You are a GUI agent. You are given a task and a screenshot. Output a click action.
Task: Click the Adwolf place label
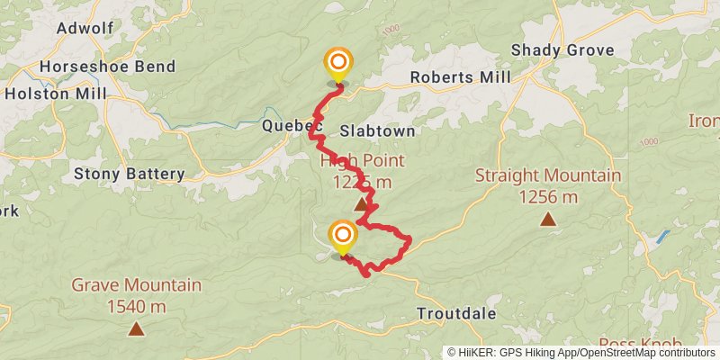coord(85,28)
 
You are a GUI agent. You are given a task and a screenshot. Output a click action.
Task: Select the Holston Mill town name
coord(56,93)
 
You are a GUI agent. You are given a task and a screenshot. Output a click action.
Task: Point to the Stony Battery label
coord(130,174)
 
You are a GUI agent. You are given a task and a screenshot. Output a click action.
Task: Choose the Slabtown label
coord(377,131)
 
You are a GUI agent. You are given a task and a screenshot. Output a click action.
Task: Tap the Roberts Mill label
coord(460,77)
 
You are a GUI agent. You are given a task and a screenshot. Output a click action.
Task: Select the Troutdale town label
coord(456,313)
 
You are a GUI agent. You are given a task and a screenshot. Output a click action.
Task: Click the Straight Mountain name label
coord(548,176)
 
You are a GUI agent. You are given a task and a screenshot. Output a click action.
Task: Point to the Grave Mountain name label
coord(136,286)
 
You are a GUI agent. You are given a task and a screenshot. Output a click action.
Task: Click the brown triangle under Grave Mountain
coord(136,328)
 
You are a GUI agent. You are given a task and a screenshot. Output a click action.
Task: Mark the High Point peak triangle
coord(361,204)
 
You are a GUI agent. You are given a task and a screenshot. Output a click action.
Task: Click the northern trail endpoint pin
coord(338,63)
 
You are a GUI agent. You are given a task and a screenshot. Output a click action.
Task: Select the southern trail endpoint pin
coord(342,238)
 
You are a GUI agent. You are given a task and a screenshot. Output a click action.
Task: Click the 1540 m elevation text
coord(136,307)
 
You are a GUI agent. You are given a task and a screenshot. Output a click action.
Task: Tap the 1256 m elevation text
coord(548,196)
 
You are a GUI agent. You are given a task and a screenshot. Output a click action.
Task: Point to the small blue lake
coord(663,237)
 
